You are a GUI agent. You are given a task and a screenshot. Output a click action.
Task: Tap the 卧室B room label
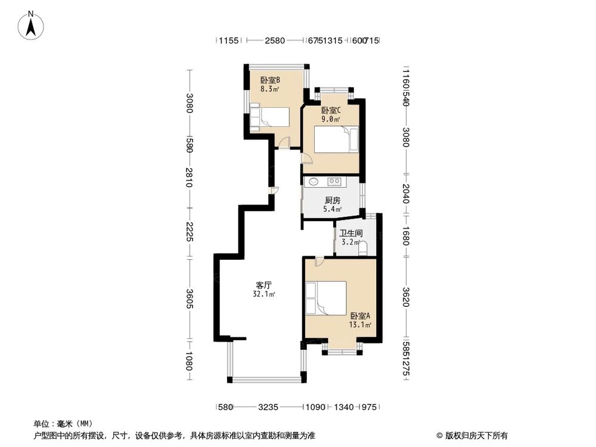point(270,80)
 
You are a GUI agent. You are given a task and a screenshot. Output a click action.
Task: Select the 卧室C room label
point(331,110)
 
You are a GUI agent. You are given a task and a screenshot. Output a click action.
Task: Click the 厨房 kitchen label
point(332,200)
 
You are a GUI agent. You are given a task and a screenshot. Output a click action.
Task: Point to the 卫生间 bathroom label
point(349,234)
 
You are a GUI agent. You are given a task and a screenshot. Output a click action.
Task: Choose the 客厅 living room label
point(264,285)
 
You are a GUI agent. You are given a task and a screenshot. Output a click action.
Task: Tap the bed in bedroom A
point(325,297)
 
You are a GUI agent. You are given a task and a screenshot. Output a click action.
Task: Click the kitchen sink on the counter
point(314,182)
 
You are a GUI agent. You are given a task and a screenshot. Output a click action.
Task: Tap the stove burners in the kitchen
point(334,181)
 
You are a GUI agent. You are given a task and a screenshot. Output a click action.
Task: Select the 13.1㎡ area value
point(361,325)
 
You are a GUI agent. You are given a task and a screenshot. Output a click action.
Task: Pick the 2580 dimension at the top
point(275,41)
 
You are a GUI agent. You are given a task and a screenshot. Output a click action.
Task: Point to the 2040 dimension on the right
point(405,193)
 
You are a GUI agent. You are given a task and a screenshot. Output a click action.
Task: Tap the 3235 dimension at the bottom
point(268,408)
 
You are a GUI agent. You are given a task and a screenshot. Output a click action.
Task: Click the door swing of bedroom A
point(319,260)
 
